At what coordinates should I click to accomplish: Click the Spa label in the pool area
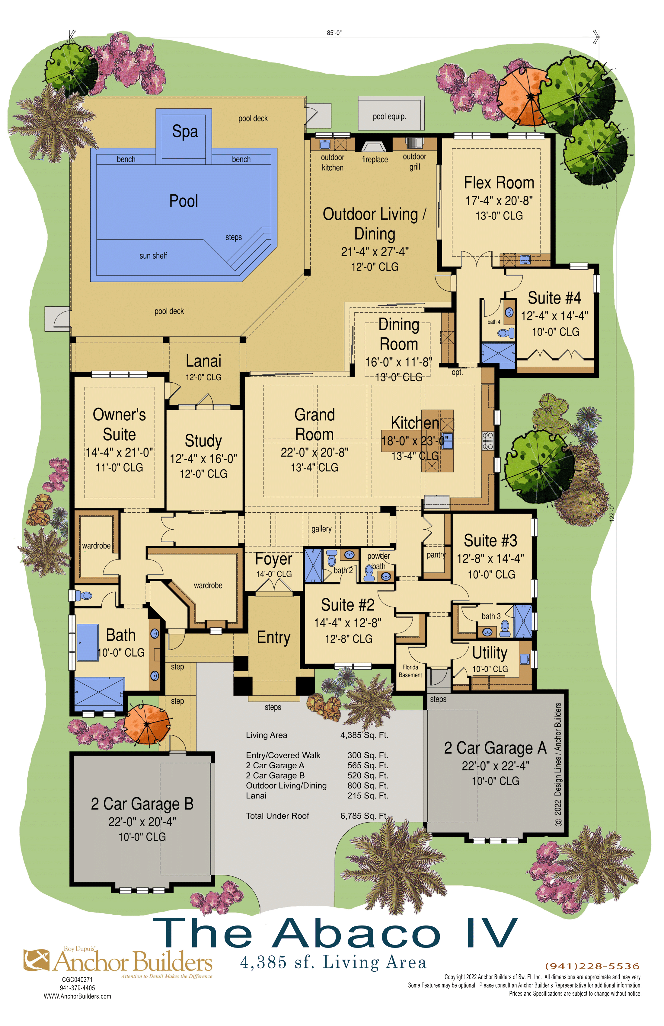185,132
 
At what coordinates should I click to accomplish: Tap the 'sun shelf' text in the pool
153,256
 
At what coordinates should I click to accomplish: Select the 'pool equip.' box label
389,116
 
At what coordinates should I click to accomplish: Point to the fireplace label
375,160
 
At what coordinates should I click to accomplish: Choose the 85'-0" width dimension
334,33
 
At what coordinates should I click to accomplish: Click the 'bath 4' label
494,322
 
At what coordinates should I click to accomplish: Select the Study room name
203,441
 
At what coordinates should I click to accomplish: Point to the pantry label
436,555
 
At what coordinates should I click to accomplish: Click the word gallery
322,529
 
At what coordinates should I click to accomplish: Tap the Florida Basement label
410,671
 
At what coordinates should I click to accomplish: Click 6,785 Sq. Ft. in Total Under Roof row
364,816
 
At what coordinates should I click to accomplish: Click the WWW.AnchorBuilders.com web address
77,996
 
